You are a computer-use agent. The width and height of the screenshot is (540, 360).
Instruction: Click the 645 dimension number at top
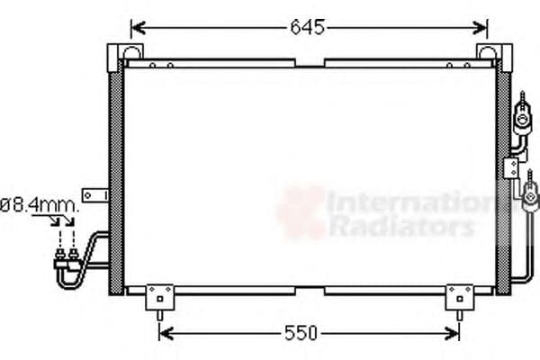pyautogui.click(x=307, y=27)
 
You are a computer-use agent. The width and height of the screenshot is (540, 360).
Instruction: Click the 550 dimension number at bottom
pyautogui.click(x=301, y=334)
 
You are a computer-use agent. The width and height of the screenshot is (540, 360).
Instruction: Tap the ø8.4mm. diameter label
pyautogui.click(x=40, y=205)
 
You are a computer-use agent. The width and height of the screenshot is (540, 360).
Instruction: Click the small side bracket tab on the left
pyautogui.click(x=94, y=195)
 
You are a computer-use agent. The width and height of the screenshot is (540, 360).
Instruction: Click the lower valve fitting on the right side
pyautogui.click(x=530, y=192)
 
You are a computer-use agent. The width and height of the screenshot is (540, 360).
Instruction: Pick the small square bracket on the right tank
pyautogui.click(x=511, y=168)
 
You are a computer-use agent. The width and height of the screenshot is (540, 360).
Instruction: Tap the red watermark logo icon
pyautogui.click(x=301, y=212)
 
